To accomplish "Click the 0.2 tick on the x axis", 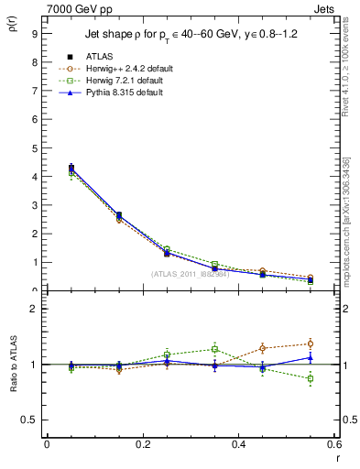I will pos(143,444).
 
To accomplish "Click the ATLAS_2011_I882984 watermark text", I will pos(190,274).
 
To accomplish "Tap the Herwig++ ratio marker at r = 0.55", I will pos(311,344).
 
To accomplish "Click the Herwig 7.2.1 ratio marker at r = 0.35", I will pos(214,349).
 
